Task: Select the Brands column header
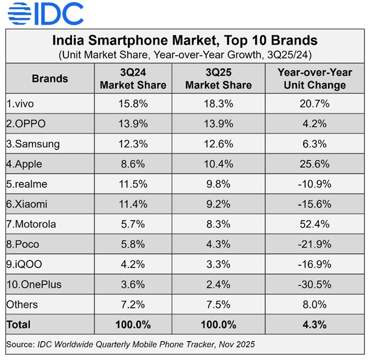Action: pos(50,79)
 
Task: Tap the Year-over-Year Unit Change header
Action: pos(314,79)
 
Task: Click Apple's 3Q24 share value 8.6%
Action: pos(133,164)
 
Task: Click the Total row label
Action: pos(19,325)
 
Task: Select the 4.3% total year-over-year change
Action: pos(314,325)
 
